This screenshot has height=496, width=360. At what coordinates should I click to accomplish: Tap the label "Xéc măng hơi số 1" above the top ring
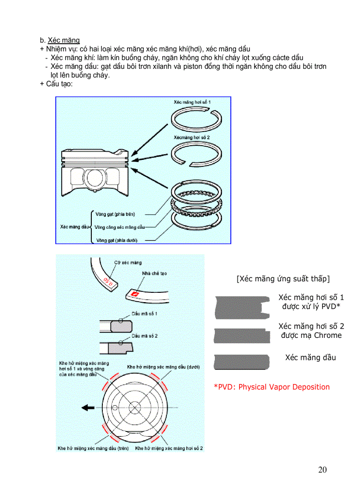click(192, 102)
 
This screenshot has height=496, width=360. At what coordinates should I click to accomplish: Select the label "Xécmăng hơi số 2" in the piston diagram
click(191, 138)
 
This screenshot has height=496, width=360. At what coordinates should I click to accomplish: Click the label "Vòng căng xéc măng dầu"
click(120, 227)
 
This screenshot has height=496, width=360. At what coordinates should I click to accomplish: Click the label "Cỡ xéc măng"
click(128, 262)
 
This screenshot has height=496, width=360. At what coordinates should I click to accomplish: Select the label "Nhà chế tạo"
click(154, 273)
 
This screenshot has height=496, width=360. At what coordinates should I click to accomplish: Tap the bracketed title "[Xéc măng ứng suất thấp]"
click(283, 279)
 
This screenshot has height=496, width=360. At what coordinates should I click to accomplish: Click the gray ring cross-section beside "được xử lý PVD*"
click(242, 307)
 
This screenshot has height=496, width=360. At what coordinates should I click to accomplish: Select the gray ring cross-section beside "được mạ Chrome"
click(242, 336)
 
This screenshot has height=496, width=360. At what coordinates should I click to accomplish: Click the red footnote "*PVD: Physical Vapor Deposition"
click(272, 387)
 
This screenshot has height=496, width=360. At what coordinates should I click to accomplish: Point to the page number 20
click(322, 469)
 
